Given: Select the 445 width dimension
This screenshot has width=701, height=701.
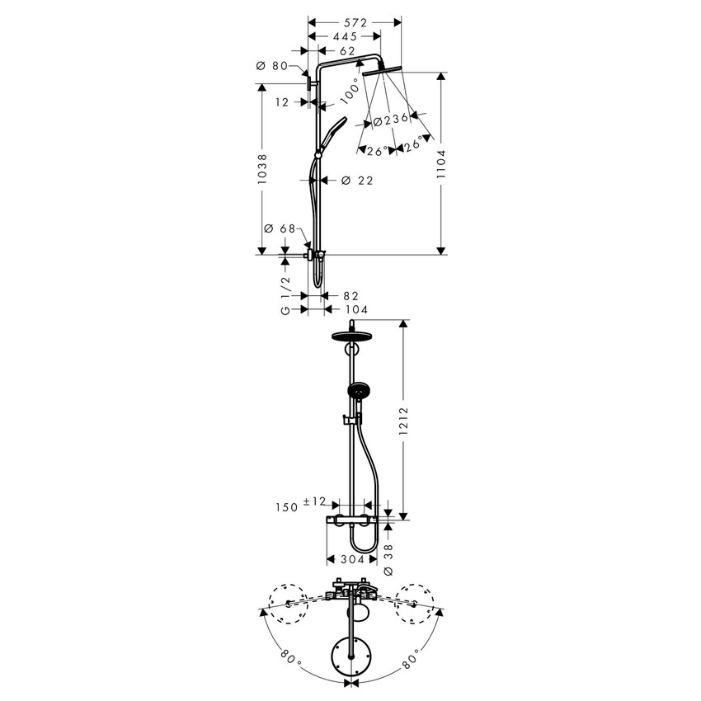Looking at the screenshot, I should coord(344,36).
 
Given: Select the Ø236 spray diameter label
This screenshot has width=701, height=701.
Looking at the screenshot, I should coord(391,120).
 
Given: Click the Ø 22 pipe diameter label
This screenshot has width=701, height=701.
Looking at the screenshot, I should coord(356,181).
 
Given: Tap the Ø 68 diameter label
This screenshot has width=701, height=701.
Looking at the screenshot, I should coord(280,228).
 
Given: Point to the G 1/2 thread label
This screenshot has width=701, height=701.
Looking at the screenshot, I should coord(285,295).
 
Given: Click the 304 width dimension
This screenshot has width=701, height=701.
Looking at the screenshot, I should coord(352,559).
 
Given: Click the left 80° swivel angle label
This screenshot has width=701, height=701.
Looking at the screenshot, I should coord(289,658).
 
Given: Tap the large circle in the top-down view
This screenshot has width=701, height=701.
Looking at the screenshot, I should coord(352,656).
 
